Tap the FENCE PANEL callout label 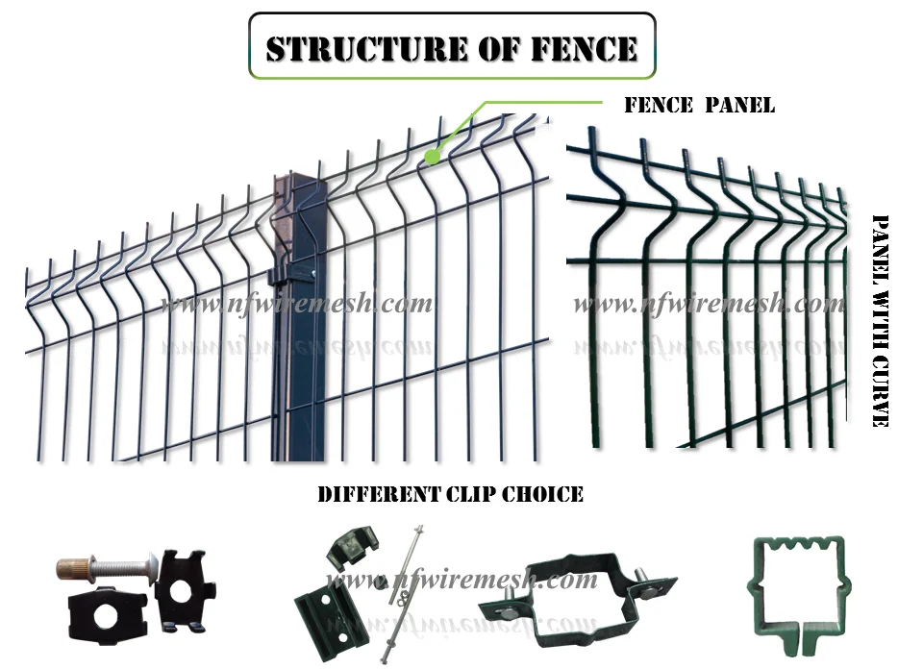[x=699, y=106]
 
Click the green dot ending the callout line [x=433, y=154]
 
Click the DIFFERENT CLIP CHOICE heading [x=450, y=495]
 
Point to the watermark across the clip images [x=461, y=581]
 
